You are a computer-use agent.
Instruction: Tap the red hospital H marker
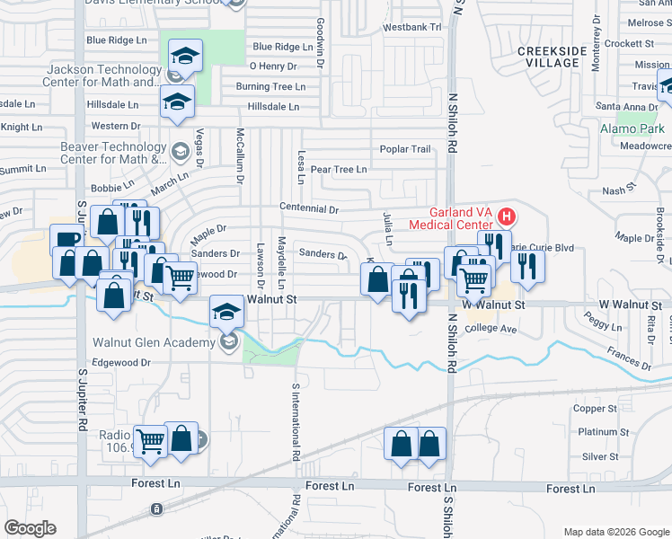[507, 216]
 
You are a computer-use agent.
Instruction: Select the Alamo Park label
[632, 128]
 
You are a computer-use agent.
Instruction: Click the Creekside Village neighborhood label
[548, 57]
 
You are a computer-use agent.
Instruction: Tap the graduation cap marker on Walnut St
[225, 312]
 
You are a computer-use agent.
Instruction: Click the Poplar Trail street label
[405, 149]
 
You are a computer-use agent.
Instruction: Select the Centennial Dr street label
[308, 208]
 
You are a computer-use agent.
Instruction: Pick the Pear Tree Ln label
[338, 169]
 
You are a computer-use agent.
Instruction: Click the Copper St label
[595, 409]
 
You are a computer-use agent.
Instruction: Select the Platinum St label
[597, 432]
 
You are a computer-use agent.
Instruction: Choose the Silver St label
[595, 456]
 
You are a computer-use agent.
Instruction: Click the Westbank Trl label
[412, 28]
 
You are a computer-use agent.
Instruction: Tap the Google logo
[30, 528]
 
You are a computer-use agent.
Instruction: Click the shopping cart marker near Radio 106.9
[150, 440]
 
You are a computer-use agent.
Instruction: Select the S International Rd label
[295, 422]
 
